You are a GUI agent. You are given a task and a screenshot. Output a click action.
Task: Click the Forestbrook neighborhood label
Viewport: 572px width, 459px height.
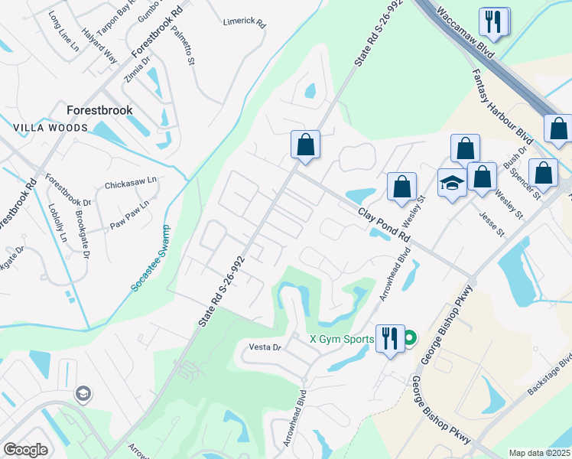[99, 110]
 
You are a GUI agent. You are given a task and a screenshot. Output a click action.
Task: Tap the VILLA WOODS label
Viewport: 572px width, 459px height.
[50, 128]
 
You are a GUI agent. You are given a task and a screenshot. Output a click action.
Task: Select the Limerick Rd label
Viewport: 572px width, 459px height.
[244, 24]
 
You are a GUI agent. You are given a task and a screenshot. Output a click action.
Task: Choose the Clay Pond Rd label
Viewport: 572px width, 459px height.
[382, 223]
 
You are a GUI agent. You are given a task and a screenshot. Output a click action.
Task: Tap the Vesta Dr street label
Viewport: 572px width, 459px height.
[266, 347]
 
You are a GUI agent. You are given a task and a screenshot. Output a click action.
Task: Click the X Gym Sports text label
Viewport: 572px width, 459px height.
[341, 339]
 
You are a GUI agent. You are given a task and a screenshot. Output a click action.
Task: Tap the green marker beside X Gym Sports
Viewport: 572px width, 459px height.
[409, 337]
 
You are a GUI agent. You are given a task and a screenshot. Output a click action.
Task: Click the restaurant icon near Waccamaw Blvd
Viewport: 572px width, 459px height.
[493, 22]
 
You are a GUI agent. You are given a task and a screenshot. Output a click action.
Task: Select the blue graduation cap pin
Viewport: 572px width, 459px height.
[452, 184]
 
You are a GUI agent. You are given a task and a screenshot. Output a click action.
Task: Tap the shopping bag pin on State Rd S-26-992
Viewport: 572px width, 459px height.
[305, 145]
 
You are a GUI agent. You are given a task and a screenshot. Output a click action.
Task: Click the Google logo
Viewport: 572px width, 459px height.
[25, 450]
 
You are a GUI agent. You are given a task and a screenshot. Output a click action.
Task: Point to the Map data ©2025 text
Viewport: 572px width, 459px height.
[538, 453]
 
